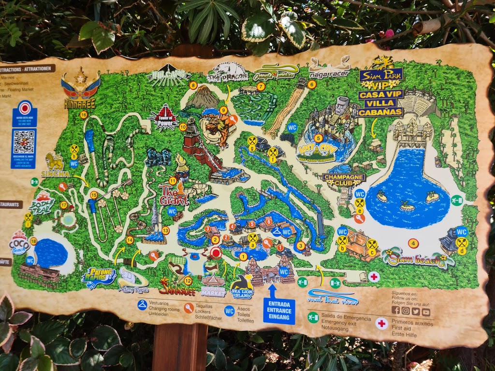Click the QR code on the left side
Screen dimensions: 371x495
tap(23, 142)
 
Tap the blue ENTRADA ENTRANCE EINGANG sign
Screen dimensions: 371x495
tap(279, 311)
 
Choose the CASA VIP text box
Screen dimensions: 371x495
tap(380, 95)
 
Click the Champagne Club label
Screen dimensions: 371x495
tap(344, 177)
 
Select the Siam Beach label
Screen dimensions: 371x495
tap(418, 259)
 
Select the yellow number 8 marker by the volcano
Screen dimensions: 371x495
tap(193, 86)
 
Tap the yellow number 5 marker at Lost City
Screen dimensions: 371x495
tap(318, 138)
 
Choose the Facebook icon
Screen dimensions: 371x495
tap(395, 311)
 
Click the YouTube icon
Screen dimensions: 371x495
tap(425, 312)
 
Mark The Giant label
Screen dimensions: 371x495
tap(173, 196)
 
